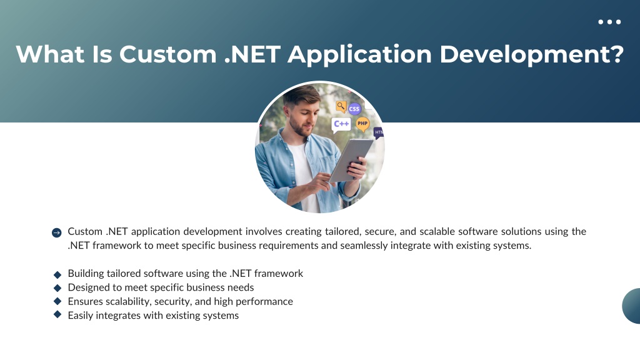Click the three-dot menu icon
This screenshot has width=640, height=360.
point(609,22)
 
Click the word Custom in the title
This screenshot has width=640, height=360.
point(167,54)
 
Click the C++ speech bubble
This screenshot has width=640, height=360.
point(341,124)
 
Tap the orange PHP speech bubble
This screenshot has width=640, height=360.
point(362,124)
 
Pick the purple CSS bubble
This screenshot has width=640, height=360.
point(354,109)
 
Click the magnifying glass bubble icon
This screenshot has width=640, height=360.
point(341,106)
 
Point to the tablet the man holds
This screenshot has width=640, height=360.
point(351,159)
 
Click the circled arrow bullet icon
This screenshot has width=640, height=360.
point(57,232)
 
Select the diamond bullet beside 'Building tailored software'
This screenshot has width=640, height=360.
point(57,275)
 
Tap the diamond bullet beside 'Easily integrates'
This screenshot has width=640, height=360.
point(57,314)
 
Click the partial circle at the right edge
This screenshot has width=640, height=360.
point(631,306)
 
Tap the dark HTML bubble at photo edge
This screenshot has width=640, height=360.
point(379,132)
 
